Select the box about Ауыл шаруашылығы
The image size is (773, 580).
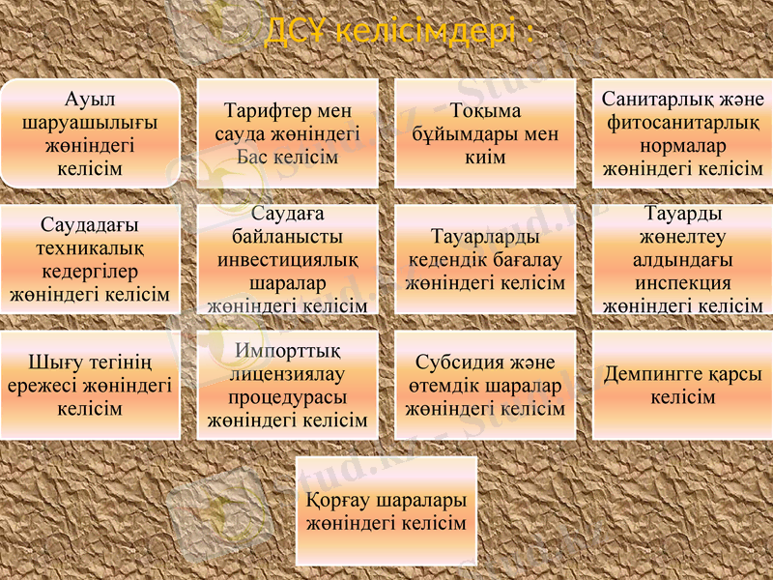(90, 133)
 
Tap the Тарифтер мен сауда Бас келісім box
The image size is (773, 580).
(287, 133)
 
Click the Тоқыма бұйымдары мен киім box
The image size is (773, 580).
(484, 133)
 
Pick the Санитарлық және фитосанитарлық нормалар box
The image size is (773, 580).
(682, 133)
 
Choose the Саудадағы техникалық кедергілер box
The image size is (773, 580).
(90, 259)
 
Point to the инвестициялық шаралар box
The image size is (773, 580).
(287, 259)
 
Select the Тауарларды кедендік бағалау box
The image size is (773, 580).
(484, 259)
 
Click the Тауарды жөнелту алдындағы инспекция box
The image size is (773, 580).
(682, 259)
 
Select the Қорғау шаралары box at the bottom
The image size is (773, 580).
(386, 511)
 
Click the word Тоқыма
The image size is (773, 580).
(485, 111)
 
